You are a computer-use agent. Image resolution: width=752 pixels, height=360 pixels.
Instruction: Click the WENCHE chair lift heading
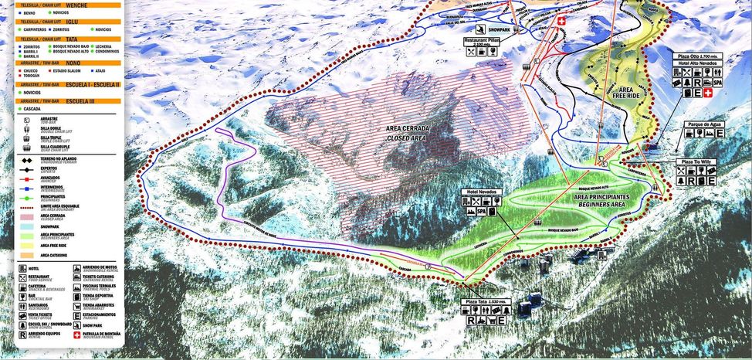(77, 5)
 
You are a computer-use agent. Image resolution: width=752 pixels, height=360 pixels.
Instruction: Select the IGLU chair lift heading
(73, 22)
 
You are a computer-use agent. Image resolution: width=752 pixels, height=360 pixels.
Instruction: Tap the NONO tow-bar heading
(73, 63)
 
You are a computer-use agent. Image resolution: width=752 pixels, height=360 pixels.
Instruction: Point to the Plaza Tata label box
(484, 301)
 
